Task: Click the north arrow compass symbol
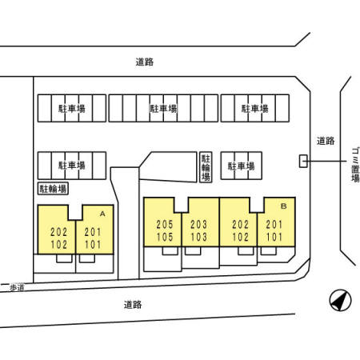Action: click(x=340, y=301)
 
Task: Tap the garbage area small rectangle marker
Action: click(x=303, y=161)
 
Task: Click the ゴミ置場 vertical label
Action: click(x=355, y=165)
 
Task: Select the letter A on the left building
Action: click(x=102, y=214)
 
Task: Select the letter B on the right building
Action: click(x=284, y=206)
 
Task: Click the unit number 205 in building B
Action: click(x=165, y=225)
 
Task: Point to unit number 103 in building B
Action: click(x=199, y=237)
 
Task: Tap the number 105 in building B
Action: click(x=165, y=237)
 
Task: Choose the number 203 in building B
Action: click(x=199, y=225)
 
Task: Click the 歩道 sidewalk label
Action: click(x=17, y=288)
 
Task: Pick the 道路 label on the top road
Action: click(x=145, y=62)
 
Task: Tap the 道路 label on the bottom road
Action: click(x=133, y=305)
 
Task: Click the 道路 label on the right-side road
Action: click(x=326, y=141)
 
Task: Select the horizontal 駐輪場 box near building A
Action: click(x=53, y=189)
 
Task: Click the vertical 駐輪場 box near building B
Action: click(x=206, y=167)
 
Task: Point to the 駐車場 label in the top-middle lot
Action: click(x=163, y=108)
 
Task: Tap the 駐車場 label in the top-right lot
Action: click(x=255, y=108)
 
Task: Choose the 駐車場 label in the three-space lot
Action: click(x=242, y=166)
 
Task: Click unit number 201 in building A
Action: click(x=93, y=232)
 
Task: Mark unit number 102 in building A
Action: click(x=59, y=245)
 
